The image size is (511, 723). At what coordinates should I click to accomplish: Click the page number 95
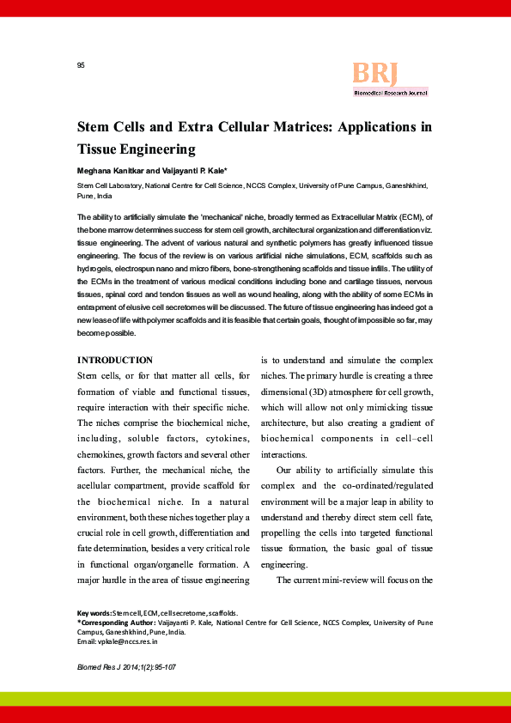pos(81,65)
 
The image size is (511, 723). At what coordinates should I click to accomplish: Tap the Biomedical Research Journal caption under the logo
pos(390,93)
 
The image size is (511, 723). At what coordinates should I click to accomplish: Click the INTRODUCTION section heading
pos(115,360)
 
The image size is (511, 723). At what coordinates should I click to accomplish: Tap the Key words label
pos(94,613)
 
